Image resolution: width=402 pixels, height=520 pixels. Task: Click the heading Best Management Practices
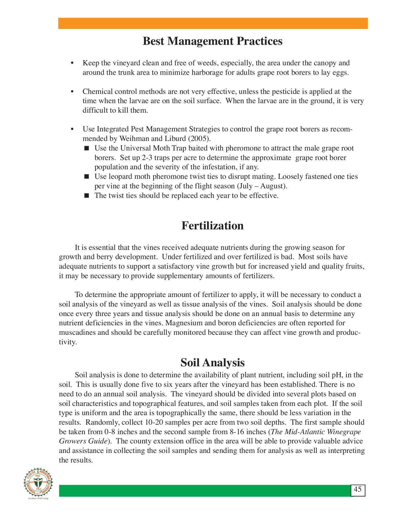pos(212,41)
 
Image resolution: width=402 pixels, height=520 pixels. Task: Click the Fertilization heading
pos(212,226)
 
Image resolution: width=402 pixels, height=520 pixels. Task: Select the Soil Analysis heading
pos(212,362)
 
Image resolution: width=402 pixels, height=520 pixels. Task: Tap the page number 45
pos(357,489)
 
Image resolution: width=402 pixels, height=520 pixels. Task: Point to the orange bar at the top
pos(213,23)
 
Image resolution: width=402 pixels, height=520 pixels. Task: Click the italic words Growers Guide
pos(84,441)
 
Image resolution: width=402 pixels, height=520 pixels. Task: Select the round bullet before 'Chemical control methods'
pos(73,92)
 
